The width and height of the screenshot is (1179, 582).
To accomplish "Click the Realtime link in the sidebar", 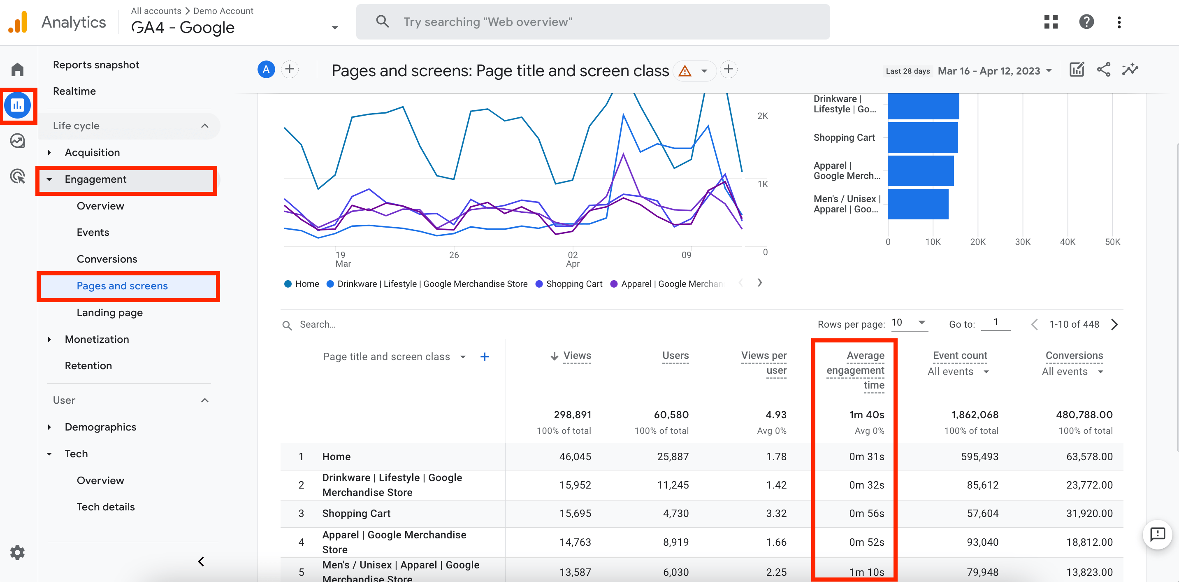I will (74, 91).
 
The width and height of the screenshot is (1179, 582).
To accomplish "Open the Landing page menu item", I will (109, 312).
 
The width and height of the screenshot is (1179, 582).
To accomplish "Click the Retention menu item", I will (88, 365).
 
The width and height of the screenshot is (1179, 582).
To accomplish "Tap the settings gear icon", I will (17, 552).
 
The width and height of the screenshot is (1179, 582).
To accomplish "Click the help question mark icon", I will (1086, 21).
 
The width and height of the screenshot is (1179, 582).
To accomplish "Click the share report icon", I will (1103, 70).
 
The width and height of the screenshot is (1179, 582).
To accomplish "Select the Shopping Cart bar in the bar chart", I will (922, 137).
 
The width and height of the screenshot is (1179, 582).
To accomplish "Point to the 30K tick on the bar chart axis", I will (1022, 242).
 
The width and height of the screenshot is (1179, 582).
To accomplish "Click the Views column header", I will (577, 355).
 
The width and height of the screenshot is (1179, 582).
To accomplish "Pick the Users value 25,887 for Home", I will (672, 456).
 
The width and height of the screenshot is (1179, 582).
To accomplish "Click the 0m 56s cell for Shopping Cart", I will (866, 513).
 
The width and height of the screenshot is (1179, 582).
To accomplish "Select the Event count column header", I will (960, 355).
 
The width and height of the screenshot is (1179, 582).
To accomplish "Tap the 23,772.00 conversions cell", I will (1089, 485).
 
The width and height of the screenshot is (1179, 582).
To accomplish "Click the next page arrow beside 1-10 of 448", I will (1115, 325).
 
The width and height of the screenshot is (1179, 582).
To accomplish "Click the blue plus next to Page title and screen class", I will (485, 357).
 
